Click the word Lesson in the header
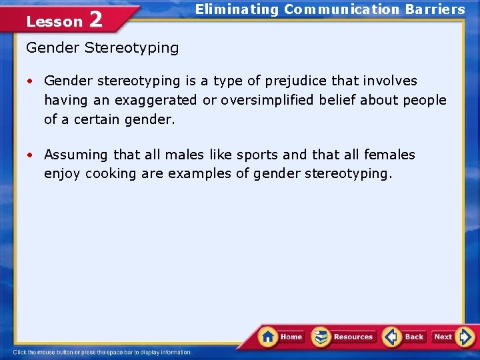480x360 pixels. click(x=54, y=21)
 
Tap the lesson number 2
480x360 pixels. click(x=95, y=19)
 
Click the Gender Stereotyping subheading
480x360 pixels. click(x=102, y=48)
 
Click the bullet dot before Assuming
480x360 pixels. click(x=31, y=155)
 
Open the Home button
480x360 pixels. click(x=282, y=337)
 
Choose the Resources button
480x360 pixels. click(x=345, y=337)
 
